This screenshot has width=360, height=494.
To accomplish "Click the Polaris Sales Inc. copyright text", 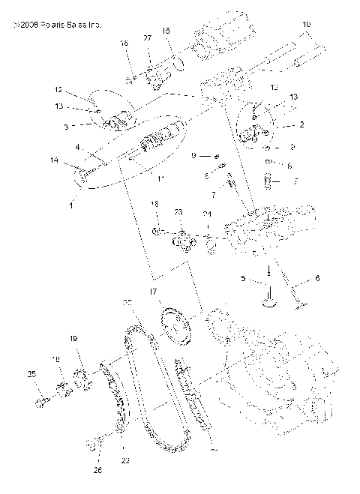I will (x=52, y=25).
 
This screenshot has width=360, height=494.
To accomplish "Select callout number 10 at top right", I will (x=306, y=25).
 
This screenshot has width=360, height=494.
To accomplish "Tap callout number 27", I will (x=147, y=37).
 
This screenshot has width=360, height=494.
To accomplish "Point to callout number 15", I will (x=166, y=31).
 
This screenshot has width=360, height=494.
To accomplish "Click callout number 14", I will (x=54, y=160).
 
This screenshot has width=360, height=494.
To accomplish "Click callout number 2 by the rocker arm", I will (x=280, y=125).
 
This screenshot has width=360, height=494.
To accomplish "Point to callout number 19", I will (x=74, y=338).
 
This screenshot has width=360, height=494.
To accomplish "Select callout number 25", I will (x=31, y=374).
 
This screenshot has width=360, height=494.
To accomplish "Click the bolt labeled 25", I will (x=42, y=403).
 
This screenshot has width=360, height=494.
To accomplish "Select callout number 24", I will (x=207, y=215).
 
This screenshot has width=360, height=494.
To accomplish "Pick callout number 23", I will (x=178, y=212).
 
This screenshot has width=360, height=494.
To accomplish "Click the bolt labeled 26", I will (x=95, y=445).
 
